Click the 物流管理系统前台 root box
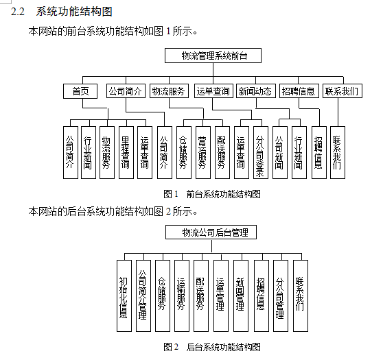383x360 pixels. point(213,56)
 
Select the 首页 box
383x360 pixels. point(80,91)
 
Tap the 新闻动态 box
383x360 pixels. point(256,91)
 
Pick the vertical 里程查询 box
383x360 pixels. point(126,152)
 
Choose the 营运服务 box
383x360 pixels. point(203,152)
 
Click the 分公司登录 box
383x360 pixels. point(261,152)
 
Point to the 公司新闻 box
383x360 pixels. point(280,152)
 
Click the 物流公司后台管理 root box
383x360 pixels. point(211,232)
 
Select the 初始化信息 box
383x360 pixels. point(124,296)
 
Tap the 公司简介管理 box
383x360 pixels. point(143,296)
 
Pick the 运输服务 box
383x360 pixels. point(182,296)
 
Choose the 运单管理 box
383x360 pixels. point(221,296)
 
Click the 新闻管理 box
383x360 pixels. point(241,296)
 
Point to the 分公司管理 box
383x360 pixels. point(281,296)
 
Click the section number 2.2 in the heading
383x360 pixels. point(18,12)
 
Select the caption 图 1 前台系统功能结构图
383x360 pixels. point(212,194)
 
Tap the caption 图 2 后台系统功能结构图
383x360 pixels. point(212,347)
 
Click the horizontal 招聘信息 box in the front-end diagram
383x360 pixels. point(299,91)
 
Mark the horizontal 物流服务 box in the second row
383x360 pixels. point(169,91)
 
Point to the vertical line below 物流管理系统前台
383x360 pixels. point(213,70)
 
